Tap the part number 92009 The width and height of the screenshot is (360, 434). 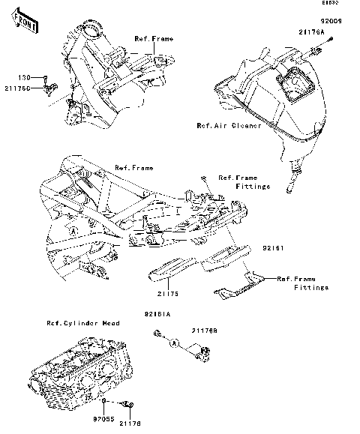pyautogui.click(x=330, y=22)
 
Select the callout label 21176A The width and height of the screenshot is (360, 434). pyautogui.click(x=312, y=34)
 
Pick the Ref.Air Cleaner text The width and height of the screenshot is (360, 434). pyautogui.click(x=229, y=126)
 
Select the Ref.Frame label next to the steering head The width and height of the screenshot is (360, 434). pyautogui.click(x=154, y=38)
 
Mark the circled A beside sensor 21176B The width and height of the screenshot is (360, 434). pyautogui.click(x=173, y=342)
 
